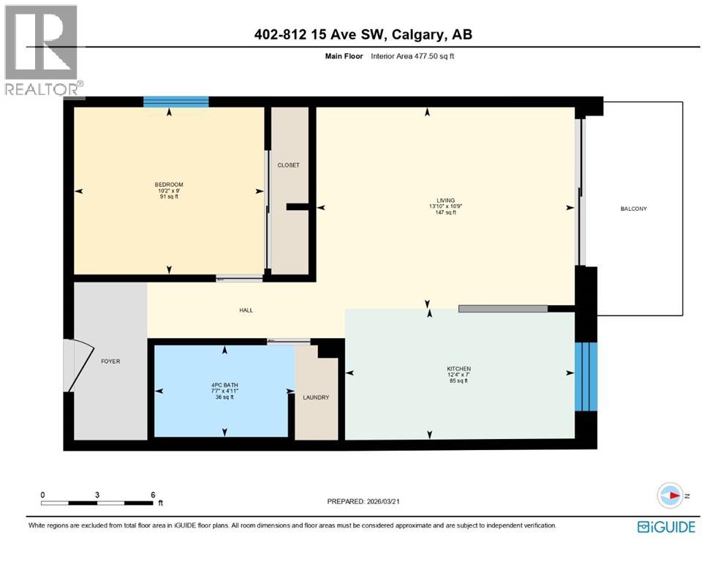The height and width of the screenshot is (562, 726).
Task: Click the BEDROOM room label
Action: pyautogui.click(x=168, y=184)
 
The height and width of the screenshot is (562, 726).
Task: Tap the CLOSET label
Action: pyautogui.click(x=288, y=165)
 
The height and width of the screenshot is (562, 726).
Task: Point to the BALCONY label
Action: pyautogui.click(x=633, y=209)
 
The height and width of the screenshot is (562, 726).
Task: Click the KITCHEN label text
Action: pyautogui.click(x=458, y=369)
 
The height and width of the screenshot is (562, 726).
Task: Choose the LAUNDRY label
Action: pyautogui.click(x=316, y=397)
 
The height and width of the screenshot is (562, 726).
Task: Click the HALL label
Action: pyautogui.click(x=246, y=310)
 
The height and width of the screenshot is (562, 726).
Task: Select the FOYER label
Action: pyautogui.click(x=110, y=361)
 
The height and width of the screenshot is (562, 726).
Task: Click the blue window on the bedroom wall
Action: pyautogui.click(x=175, y=102)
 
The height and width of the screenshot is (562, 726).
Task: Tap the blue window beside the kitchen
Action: pyautogui.click(x=586, y=377)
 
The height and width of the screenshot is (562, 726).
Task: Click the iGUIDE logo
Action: pyautogui.click(x=666, y=527)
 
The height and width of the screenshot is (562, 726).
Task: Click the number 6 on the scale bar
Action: pyautogui.click(x=152, y=495)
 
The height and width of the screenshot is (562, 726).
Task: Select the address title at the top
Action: pyautogui.click(x=363, y=34)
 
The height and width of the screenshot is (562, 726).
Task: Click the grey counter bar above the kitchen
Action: pyautogui.click(x=503, y=309)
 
